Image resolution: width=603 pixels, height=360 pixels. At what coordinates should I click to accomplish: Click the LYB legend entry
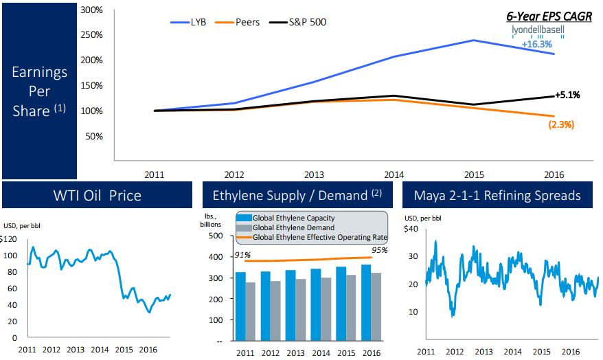click(190, 22)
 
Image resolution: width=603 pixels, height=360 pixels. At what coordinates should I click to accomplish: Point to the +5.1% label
click(567, 95)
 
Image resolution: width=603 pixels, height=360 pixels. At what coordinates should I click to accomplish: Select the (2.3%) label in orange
click(561, 125)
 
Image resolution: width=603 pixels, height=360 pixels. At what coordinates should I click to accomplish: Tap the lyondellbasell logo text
click(538, 32)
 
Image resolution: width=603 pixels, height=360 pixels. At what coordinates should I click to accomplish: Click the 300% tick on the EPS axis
click(91, 10)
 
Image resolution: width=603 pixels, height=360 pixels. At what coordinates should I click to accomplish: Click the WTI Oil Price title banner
click(98, 195)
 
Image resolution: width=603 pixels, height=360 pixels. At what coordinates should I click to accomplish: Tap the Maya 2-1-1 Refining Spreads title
click(497, 195)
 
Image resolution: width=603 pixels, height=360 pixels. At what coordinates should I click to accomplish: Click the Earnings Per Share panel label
click(39, 91)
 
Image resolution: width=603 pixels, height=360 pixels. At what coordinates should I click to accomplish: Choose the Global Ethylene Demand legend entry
click(293, 227)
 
